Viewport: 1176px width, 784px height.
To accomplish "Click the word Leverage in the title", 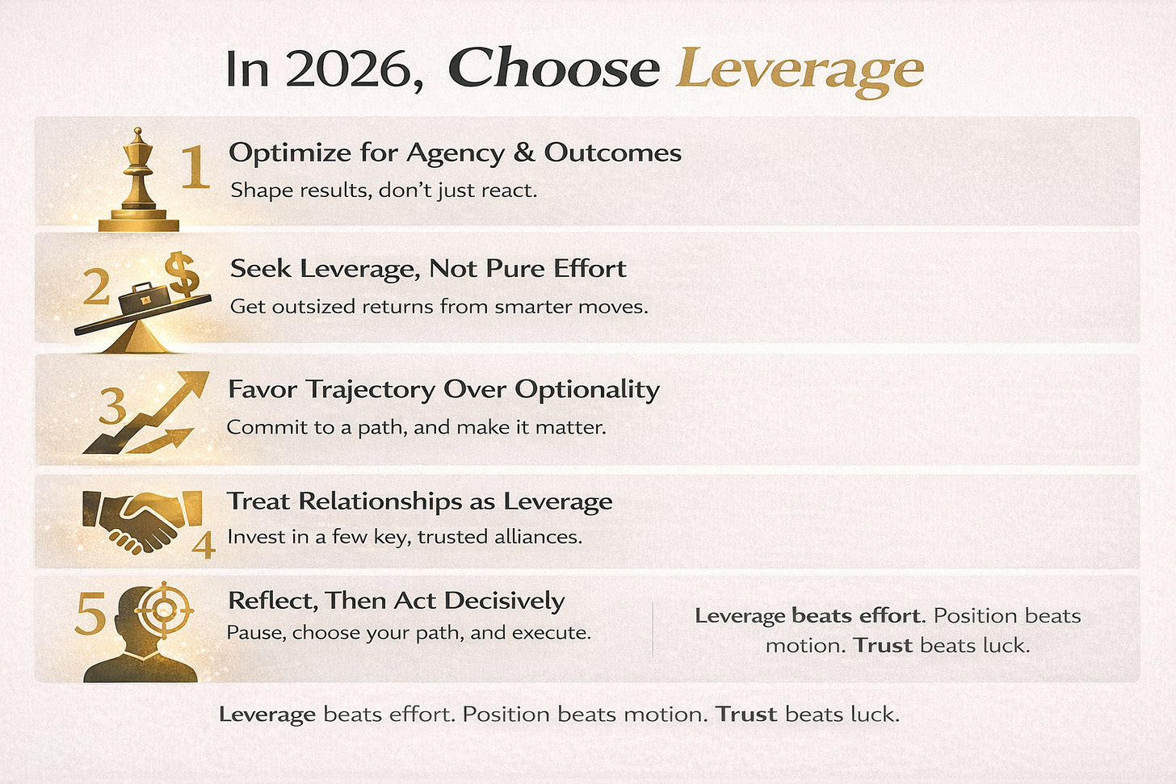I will pos(800,69).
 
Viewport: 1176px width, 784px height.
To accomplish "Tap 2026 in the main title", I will pos(353,69).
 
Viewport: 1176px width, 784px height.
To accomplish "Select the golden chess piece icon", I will pos(138,182).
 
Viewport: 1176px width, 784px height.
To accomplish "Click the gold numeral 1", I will pos(195,167).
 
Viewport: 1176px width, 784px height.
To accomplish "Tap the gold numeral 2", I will pos(97,287).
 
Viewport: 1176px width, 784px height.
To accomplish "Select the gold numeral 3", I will pos(112,405).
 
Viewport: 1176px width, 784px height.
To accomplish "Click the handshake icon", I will pos(142,520).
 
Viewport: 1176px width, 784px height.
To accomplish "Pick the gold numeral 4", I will pos(204,545).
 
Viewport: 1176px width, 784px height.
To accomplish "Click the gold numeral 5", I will pos(90,614).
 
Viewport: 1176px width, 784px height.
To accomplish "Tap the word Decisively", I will pos(504,601).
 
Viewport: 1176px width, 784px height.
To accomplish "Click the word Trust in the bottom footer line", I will pos(745,715).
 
